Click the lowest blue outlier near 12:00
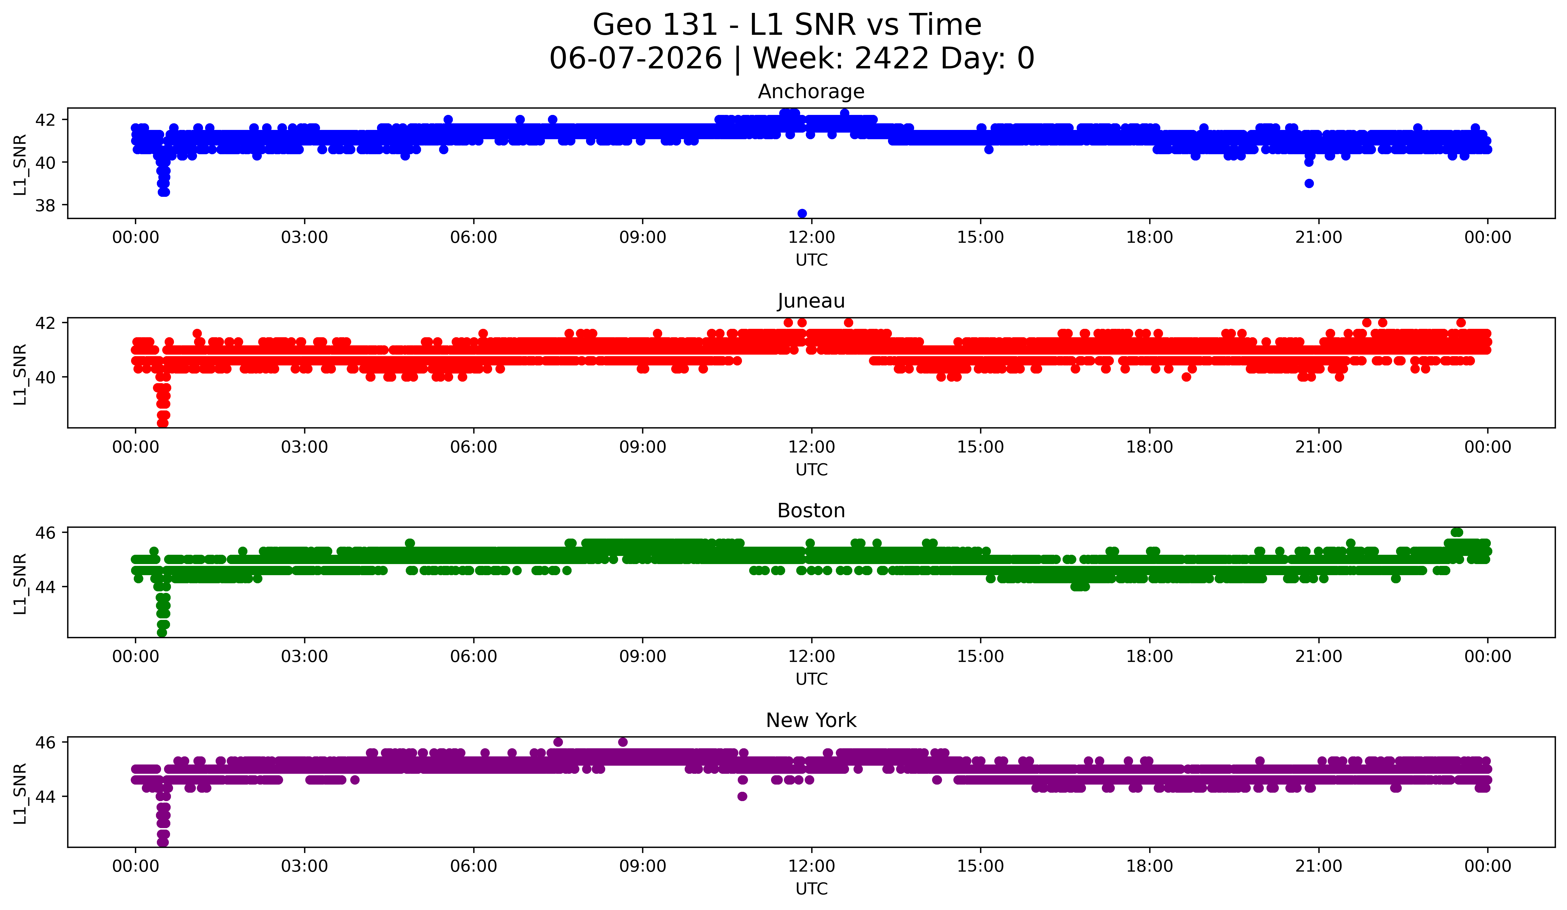[802, 213]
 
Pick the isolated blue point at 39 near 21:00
[1309, 184]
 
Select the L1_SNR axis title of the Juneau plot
[20, 374]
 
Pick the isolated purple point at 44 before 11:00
[742, 796]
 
